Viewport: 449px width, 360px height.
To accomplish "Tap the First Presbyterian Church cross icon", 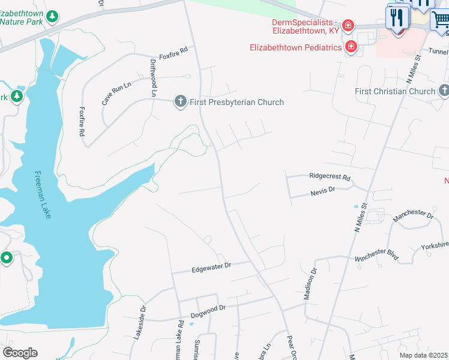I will pyautogui.click(x=180, y=101).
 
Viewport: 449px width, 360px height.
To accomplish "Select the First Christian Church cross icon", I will pyautogui.click(x=444, y=91).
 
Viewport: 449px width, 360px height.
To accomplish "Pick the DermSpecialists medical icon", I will pyautogui.click(x=348, y=25).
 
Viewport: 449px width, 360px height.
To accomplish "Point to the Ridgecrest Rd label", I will pyautogui.click(x=330, y=177).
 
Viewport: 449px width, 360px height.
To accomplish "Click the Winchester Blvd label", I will pyautogui.click(x=376, y=254).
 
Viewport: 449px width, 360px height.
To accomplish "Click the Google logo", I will pyautogui.click(x=20, y=353).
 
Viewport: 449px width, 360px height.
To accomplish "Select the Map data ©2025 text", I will pyautogui.click(x=423, y=355).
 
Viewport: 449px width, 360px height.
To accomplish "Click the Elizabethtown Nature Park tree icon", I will pyautogui.click(x=53, y=16).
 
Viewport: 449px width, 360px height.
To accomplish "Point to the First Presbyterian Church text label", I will pyautogui.click(x=237, y=102).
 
